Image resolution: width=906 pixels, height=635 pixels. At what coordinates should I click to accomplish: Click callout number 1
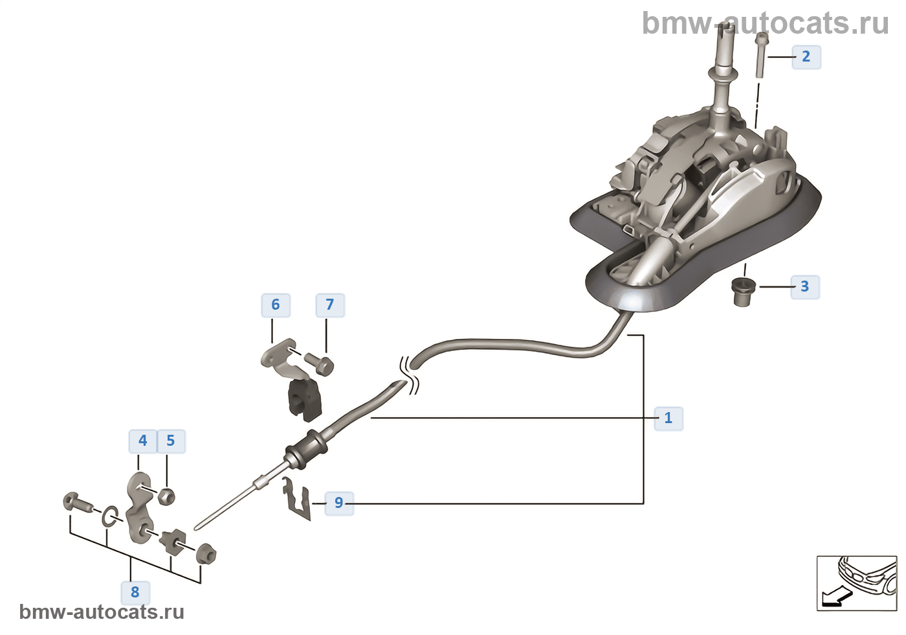pos(668,418)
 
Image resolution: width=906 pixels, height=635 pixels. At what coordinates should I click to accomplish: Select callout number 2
pos(806,56)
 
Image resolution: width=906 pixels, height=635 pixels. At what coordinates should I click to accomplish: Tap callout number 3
pos(804,286)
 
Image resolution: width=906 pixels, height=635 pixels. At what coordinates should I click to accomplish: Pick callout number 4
pos(142,441)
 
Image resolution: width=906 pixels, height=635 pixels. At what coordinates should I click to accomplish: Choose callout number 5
pos(170,441)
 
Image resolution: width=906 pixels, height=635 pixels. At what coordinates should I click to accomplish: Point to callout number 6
pos(275,305)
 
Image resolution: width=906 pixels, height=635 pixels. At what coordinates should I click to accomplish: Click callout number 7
pos(329,305)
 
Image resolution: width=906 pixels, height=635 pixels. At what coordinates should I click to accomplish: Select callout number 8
pos(135,592)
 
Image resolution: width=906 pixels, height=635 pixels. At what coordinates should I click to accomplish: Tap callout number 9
pos(338,503)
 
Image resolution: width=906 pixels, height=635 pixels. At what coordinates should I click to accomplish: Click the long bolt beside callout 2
pos(760,55)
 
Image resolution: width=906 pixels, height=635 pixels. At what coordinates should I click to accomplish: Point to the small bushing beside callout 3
pos(744,291)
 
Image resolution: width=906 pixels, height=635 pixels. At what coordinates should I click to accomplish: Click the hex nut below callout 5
pos(166,497)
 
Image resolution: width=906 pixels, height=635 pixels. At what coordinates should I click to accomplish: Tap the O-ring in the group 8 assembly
pos(110,516)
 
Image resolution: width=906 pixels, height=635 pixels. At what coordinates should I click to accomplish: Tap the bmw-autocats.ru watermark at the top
pos(765,23)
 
